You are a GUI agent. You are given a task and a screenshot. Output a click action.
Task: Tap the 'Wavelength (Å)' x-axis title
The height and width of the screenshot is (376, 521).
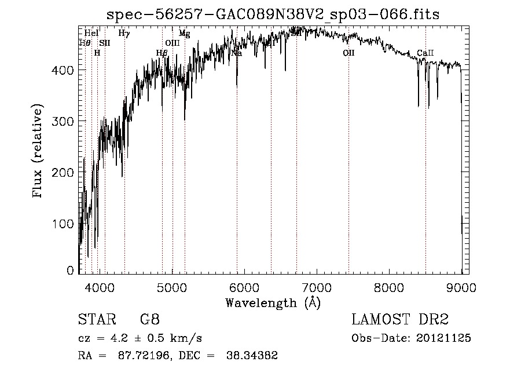(x=273, y=302)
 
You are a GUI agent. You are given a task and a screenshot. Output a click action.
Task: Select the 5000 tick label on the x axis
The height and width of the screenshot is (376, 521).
(x=172, y=287)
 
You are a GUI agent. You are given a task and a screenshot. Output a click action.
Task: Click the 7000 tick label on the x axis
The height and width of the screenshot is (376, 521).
(x=317, y=287)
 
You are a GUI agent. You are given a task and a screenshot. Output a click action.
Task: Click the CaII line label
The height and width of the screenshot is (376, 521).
(x=425, y=53)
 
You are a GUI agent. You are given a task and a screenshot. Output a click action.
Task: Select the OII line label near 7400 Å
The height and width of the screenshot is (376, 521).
(x=348, y=53)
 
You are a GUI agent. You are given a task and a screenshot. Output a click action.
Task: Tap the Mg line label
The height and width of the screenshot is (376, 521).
(x=184, y=34)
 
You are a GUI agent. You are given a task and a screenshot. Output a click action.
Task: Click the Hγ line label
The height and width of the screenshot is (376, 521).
(x=124, y=34)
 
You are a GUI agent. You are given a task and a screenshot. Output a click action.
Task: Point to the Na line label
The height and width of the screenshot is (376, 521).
(x=236, y=53)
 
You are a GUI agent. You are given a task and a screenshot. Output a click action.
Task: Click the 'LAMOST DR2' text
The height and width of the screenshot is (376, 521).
(x=400, y=319)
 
